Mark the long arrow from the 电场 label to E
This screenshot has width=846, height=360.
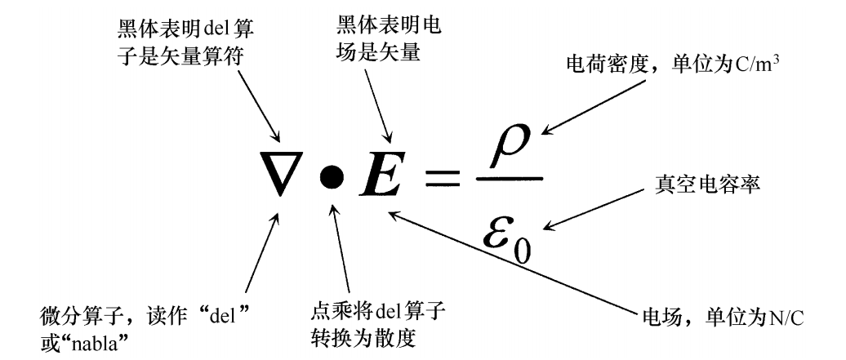pyautogui.click(x=514, y=261)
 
